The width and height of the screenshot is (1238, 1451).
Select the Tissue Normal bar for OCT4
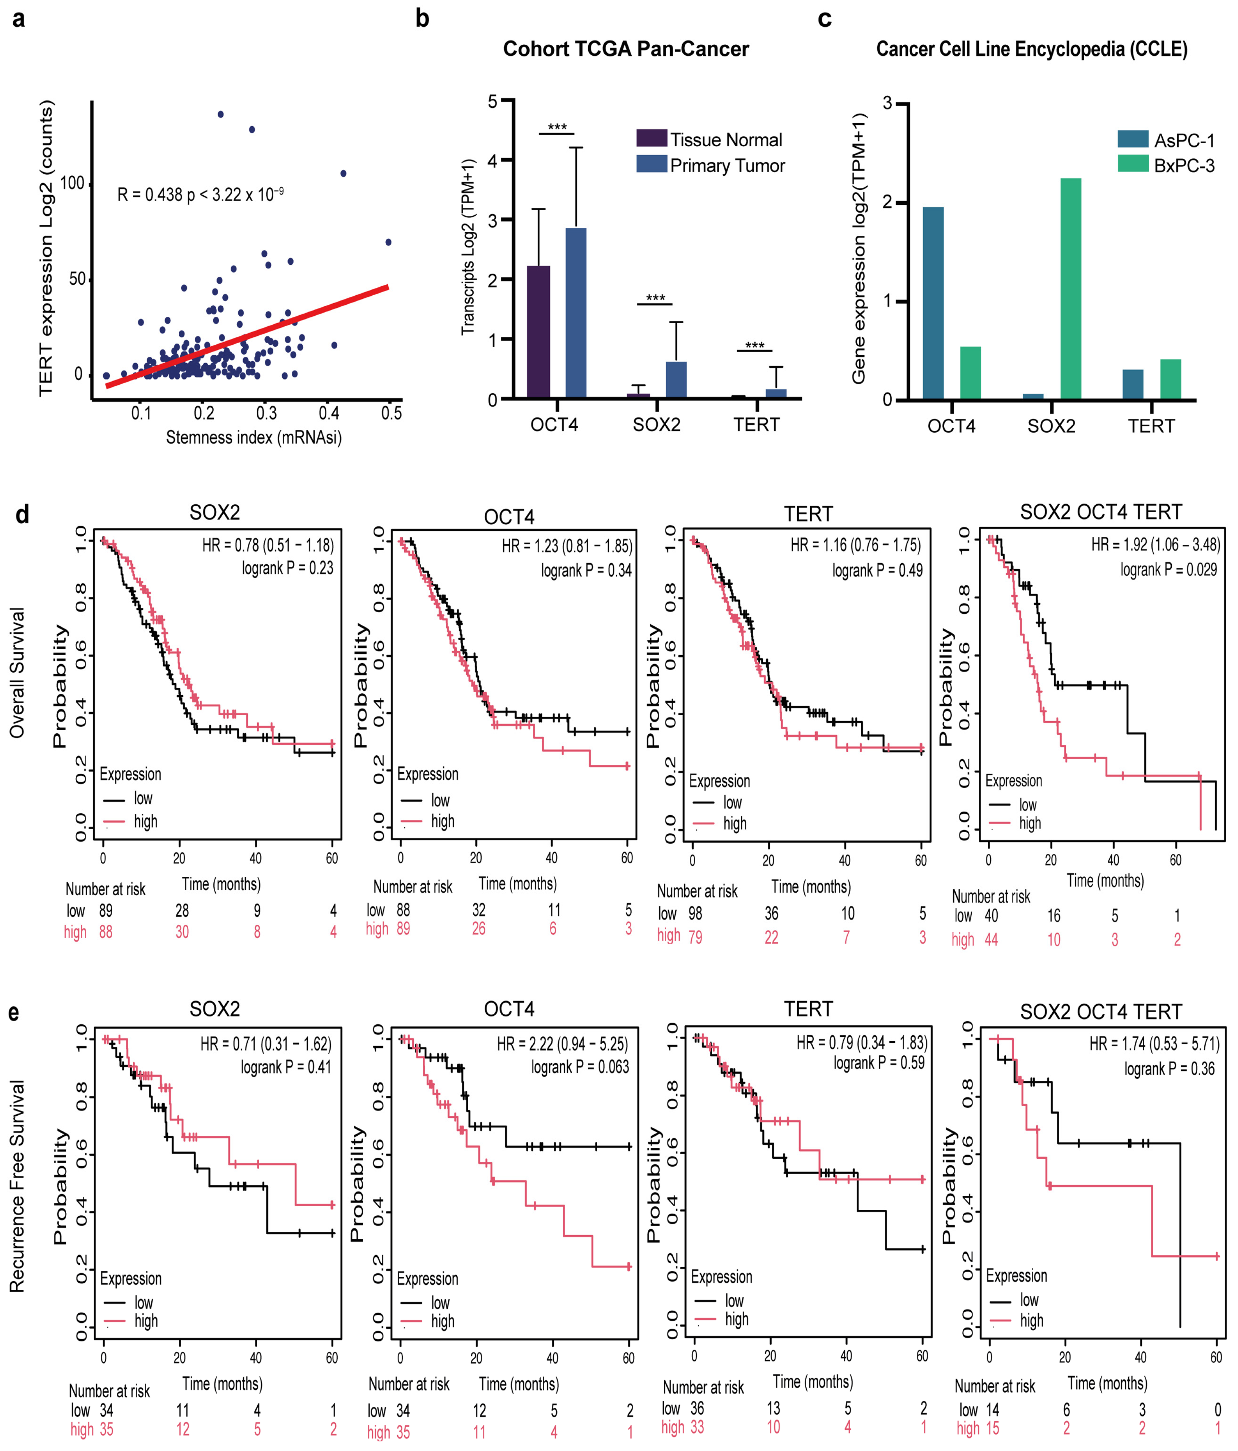click(538, 333)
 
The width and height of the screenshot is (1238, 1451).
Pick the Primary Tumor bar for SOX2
click(676, 380)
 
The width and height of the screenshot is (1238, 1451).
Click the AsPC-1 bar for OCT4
click(933, 302)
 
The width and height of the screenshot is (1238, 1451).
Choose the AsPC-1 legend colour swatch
click(1132, 139)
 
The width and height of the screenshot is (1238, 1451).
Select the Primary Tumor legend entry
click(727, 166)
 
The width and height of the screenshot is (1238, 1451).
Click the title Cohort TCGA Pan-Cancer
click(625, 49)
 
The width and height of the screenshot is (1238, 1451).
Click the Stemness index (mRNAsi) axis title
click(253, 438)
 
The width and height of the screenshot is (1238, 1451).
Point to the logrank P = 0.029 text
click(1168, 569)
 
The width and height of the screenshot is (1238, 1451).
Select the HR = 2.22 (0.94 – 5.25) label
click(562, 1044)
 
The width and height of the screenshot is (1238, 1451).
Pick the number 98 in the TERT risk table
click(694, 913)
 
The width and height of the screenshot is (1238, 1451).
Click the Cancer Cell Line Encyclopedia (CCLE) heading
click(1031, 49)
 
